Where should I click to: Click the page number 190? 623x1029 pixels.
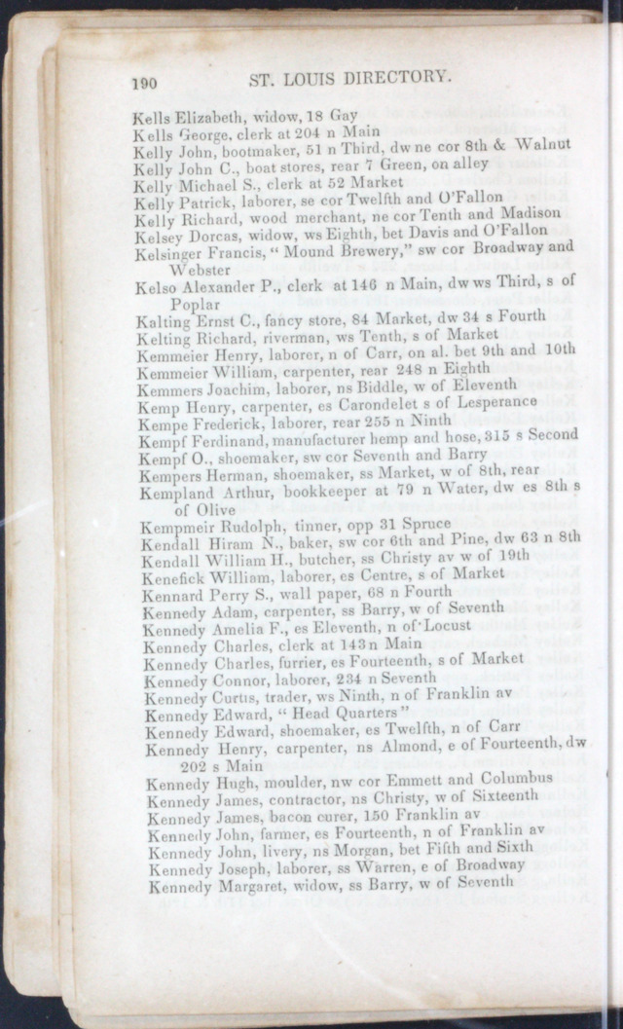coord(143,84)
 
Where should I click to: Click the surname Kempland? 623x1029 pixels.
coord(173,493)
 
